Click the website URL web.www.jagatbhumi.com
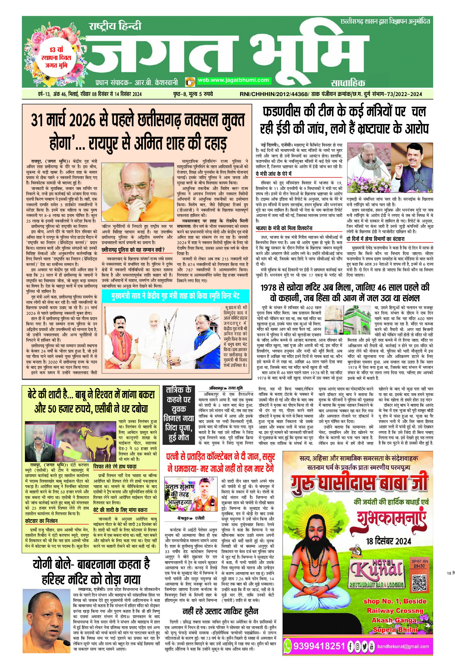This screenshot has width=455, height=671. point(233,81)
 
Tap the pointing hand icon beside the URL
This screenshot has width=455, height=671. point(190,82)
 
